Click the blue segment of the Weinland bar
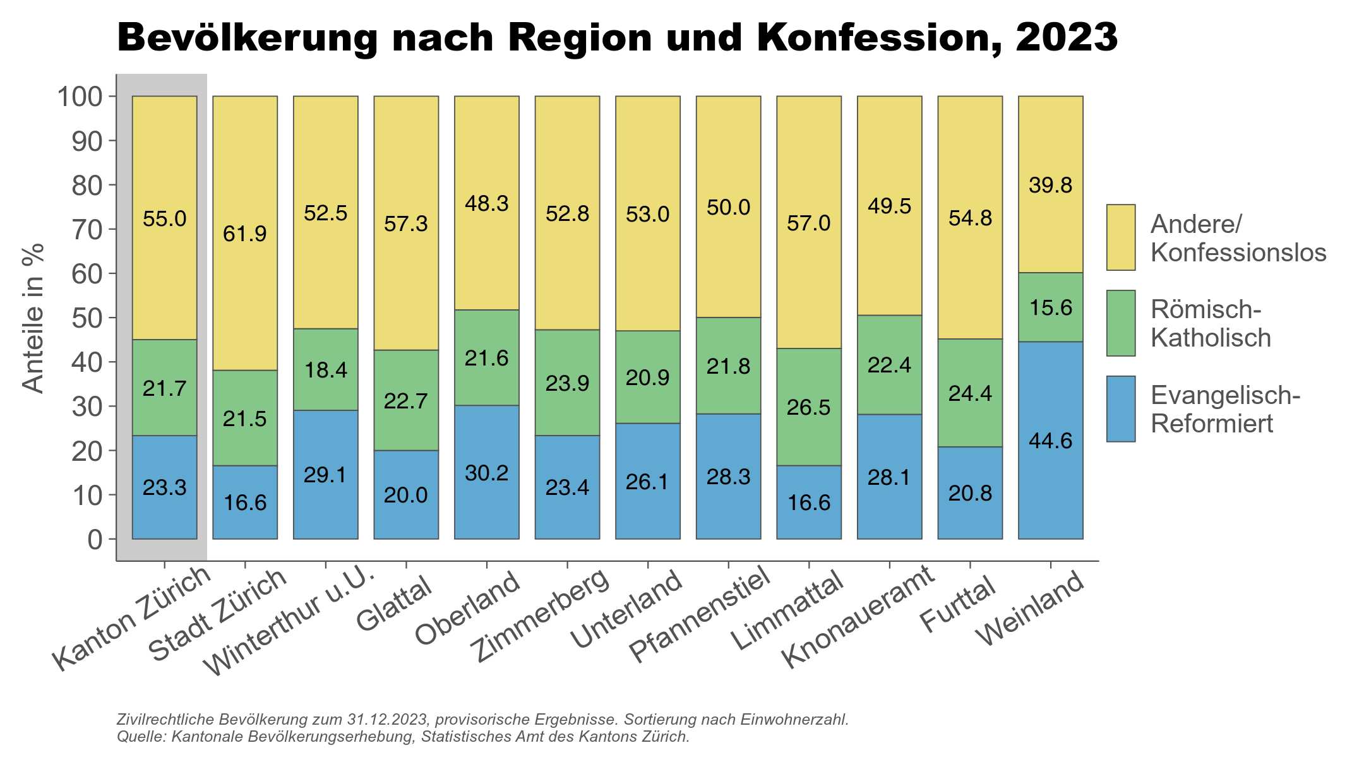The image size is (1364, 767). tap(1050, 480)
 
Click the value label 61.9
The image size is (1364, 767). tap(245, 234)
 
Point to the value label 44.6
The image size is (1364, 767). tap(1050, 441)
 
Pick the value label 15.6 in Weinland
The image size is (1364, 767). tap(1050, 308)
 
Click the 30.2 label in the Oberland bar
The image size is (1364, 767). tap(486, 473)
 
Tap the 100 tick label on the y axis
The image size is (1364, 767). tap(80, 97)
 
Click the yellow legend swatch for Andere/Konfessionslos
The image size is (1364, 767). tap(1121, 237)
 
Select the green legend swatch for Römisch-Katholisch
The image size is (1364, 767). tap(1121, 323)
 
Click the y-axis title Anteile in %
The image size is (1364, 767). tap(33, 318)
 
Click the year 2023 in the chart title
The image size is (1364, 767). tap(1067, 38)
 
